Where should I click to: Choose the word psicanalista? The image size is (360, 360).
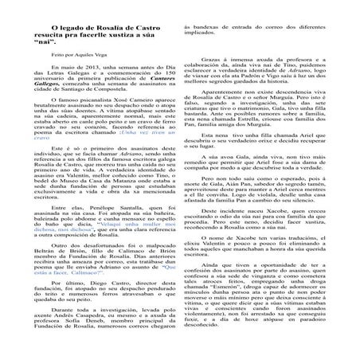click(97, 134)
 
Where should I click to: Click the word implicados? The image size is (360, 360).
click(209, 57)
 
